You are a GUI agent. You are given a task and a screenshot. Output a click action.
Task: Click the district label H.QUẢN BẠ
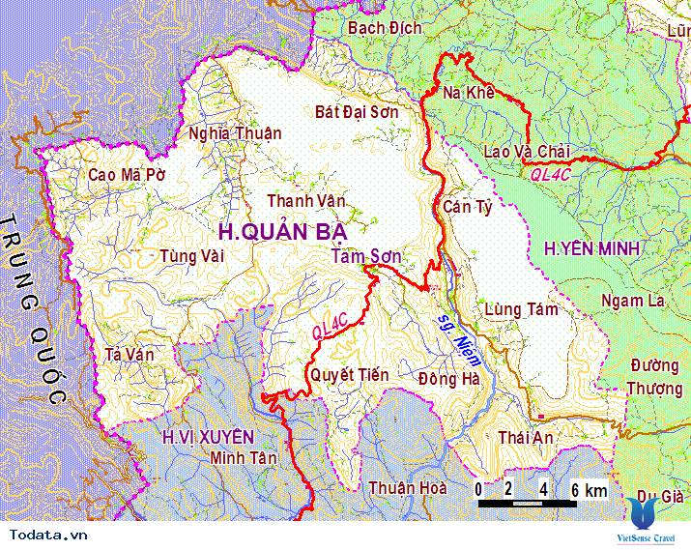(x=281, y=232)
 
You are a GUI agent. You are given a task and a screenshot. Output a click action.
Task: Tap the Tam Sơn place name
(x=365, y=256)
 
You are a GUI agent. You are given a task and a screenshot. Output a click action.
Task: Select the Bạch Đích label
(x=385, y=28)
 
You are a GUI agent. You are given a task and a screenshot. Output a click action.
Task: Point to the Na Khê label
(x=468, y=94)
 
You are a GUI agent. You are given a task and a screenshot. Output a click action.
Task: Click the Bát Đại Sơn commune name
(x=370, y=112)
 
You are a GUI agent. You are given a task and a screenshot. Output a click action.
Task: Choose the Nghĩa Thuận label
(x=235, y=133)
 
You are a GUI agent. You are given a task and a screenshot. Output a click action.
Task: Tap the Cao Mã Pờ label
(x=127, y=175)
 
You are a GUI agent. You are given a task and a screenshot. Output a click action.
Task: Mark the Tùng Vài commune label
(x=192, y=256)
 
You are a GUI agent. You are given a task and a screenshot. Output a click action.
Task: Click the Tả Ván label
(x=129, y=355)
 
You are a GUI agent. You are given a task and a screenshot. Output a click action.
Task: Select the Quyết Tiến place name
(x=348, y=374)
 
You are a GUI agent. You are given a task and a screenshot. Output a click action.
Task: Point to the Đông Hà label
(x=449, y=379)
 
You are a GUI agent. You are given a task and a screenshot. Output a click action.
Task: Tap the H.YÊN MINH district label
(x=591, y=249)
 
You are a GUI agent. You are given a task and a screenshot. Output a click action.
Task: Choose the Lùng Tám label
(x=522, y=309)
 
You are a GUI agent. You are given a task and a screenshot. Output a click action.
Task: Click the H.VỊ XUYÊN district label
(x=208, y=437)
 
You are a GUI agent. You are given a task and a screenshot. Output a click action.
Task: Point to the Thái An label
(x=526, y=438)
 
